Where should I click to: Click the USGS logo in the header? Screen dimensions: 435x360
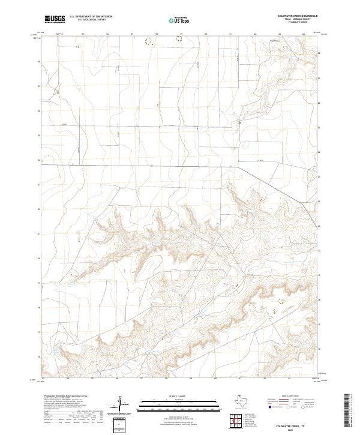click(55, 20)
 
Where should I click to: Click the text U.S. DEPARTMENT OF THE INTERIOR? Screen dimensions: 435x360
click(91, 17)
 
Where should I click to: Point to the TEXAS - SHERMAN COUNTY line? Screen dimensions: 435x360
click(301, 19)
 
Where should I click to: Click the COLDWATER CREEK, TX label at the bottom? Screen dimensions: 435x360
click(298, 425)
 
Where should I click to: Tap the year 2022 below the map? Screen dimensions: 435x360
click(298, 429)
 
